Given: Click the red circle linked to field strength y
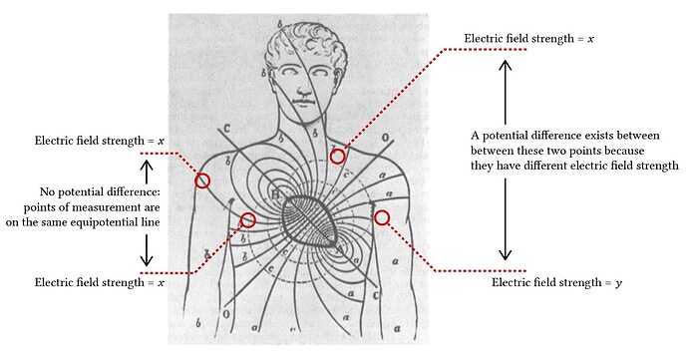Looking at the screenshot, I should pos(382,217).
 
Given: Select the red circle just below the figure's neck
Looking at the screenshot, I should pos(338,157).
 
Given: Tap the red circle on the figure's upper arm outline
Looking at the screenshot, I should pos(202,180).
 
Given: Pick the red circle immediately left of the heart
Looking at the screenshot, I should pos(248,220).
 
